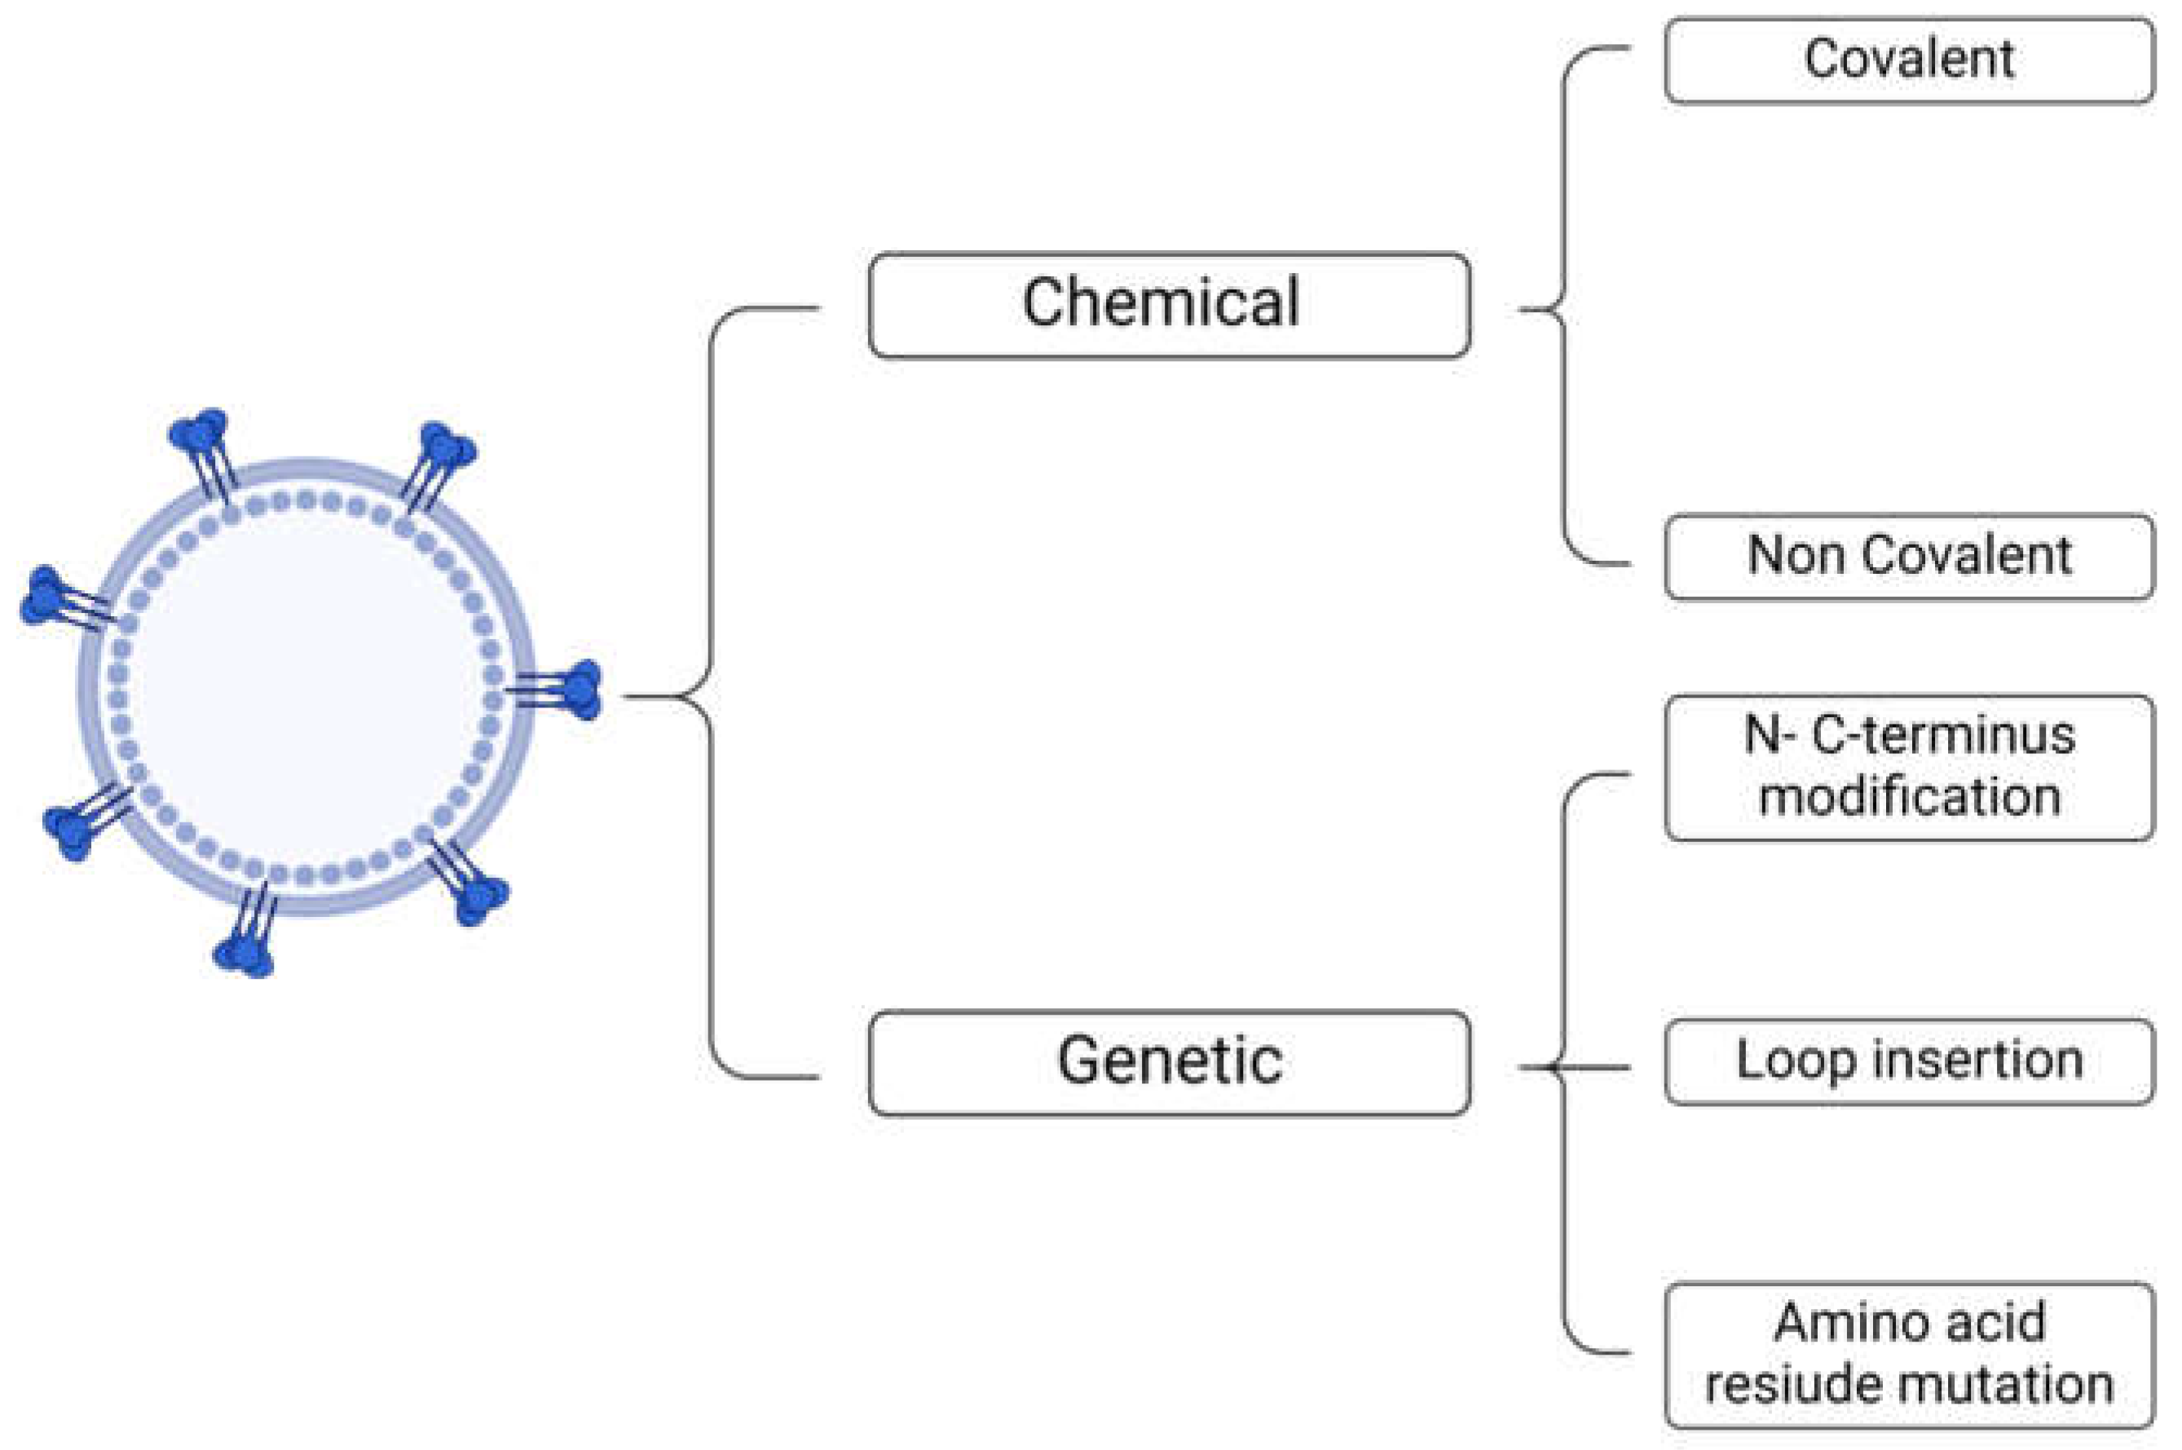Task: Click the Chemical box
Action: coord(1169,304)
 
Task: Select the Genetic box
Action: coord(1169,1063)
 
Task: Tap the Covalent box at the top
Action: coord(1908,60)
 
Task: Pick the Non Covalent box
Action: coord(1908,557)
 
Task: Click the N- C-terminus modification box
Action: coord(1908,768)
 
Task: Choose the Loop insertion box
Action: coord(1908,1061)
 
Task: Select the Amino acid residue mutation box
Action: coord(1908,1355)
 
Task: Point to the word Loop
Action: coord(1794,1060)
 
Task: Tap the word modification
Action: coord(1908,797)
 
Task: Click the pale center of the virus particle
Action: coord(305,685)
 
